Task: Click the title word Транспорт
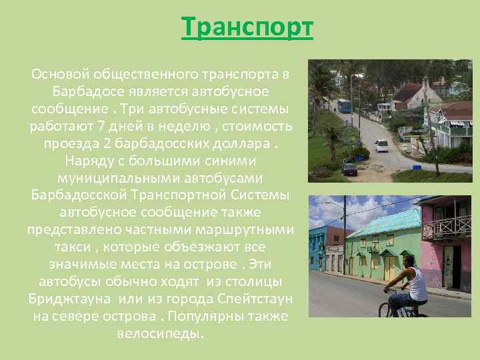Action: point(247,28)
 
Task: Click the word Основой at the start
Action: point(61,73)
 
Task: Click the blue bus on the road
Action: point(344,105)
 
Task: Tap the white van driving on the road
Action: point(381,145)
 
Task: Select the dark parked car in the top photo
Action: point(349,169)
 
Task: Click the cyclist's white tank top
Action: point(417,286)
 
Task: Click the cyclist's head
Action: point(410,261)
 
